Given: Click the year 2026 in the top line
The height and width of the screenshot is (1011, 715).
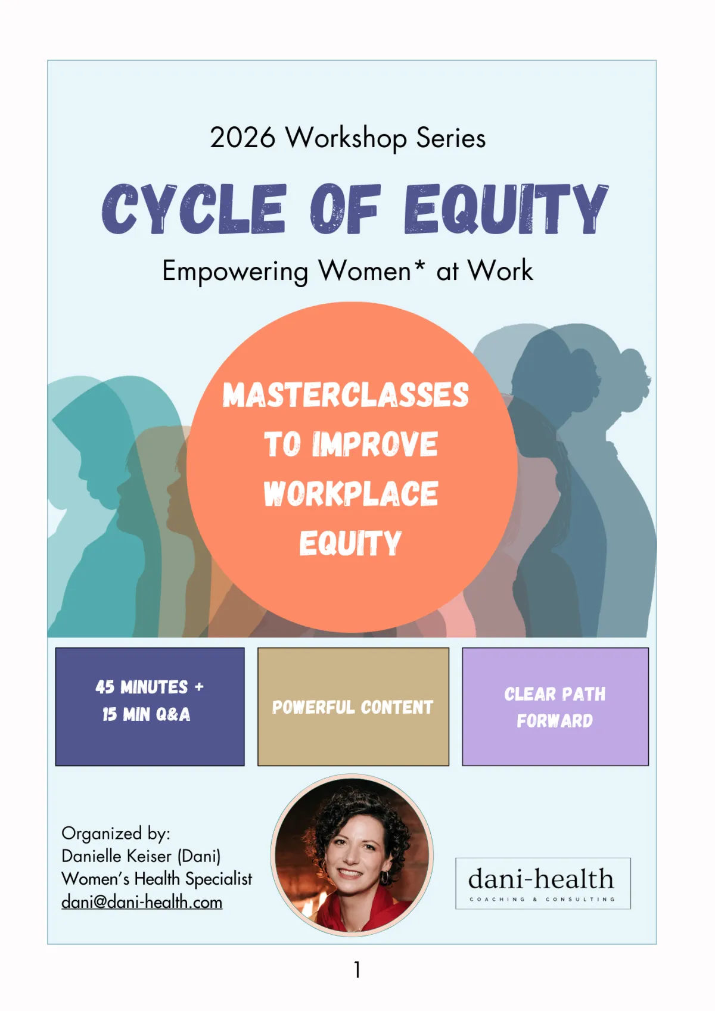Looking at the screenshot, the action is pyautogui.click(x=243, y=137).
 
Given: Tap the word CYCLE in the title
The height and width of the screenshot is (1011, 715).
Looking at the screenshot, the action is pyautogui.click(x=194, y=209).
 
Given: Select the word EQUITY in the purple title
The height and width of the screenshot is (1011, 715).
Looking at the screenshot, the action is pyautogui.click(x=506, y=209).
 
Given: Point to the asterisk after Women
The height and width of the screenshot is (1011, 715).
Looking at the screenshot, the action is pyautogui.click(x=419, y=264).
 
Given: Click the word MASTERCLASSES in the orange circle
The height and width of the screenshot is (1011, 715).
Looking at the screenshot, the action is pyautogui.click(x=346, y=395).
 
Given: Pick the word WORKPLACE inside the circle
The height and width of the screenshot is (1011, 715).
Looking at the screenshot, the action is pyautogui.click(x=351, y=493).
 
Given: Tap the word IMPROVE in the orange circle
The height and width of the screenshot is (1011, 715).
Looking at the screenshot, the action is pyautogui.click(x=375, y=444).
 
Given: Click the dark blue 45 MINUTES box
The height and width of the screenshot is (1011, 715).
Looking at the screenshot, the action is pyautogui.click(x=150, y=707).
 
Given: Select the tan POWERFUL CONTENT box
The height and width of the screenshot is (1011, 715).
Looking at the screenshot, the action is pyautogui.click(x=353, y=707).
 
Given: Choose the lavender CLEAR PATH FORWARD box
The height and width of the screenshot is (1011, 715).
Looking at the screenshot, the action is pyautogui.click(x=555, y=707).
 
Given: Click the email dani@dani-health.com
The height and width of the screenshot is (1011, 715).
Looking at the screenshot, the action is pyautogui.click(x=142, y=902).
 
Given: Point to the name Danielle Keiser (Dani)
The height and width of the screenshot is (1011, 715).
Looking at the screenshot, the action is pyautogui.click(x=141, y=856).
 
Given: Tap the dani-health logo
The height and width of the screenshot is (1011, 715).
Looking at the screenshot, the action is pyautogui.click(x=543, y=884).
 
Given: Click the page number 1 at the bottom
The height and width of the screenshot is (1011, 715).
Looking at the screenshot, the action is pyautogui.click(x=357, y=969).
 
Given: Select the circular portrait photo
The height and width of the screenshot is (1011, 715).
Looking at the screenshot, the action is pyautogui.click(x=352, y=856).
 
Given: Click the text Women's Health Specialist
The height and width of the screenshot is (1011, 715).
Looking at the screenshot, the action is pyautogui.click(x=157, y=879).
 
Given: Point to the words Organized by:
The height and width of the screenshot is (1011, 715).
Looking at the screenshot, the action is pyautogui.click(x=116, y=833).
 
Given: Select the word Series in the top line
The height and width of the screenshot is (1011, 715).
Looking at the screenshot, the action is pyautogui.click(x=450, y=137).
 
